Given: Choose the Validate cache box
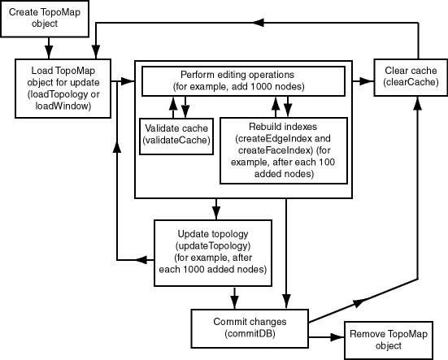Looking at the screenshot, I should pyautogui.click(x=176, y=134).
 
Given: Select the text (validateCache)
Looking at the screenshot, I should pyautogui.click(x=176, y=141).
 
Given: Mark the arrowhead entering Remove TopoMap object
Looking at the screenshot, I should pyautogui.click(x=337, y=339).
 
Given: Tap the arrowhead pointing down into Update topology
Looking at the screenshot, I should pyautogui.click(x=215, y=215).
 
